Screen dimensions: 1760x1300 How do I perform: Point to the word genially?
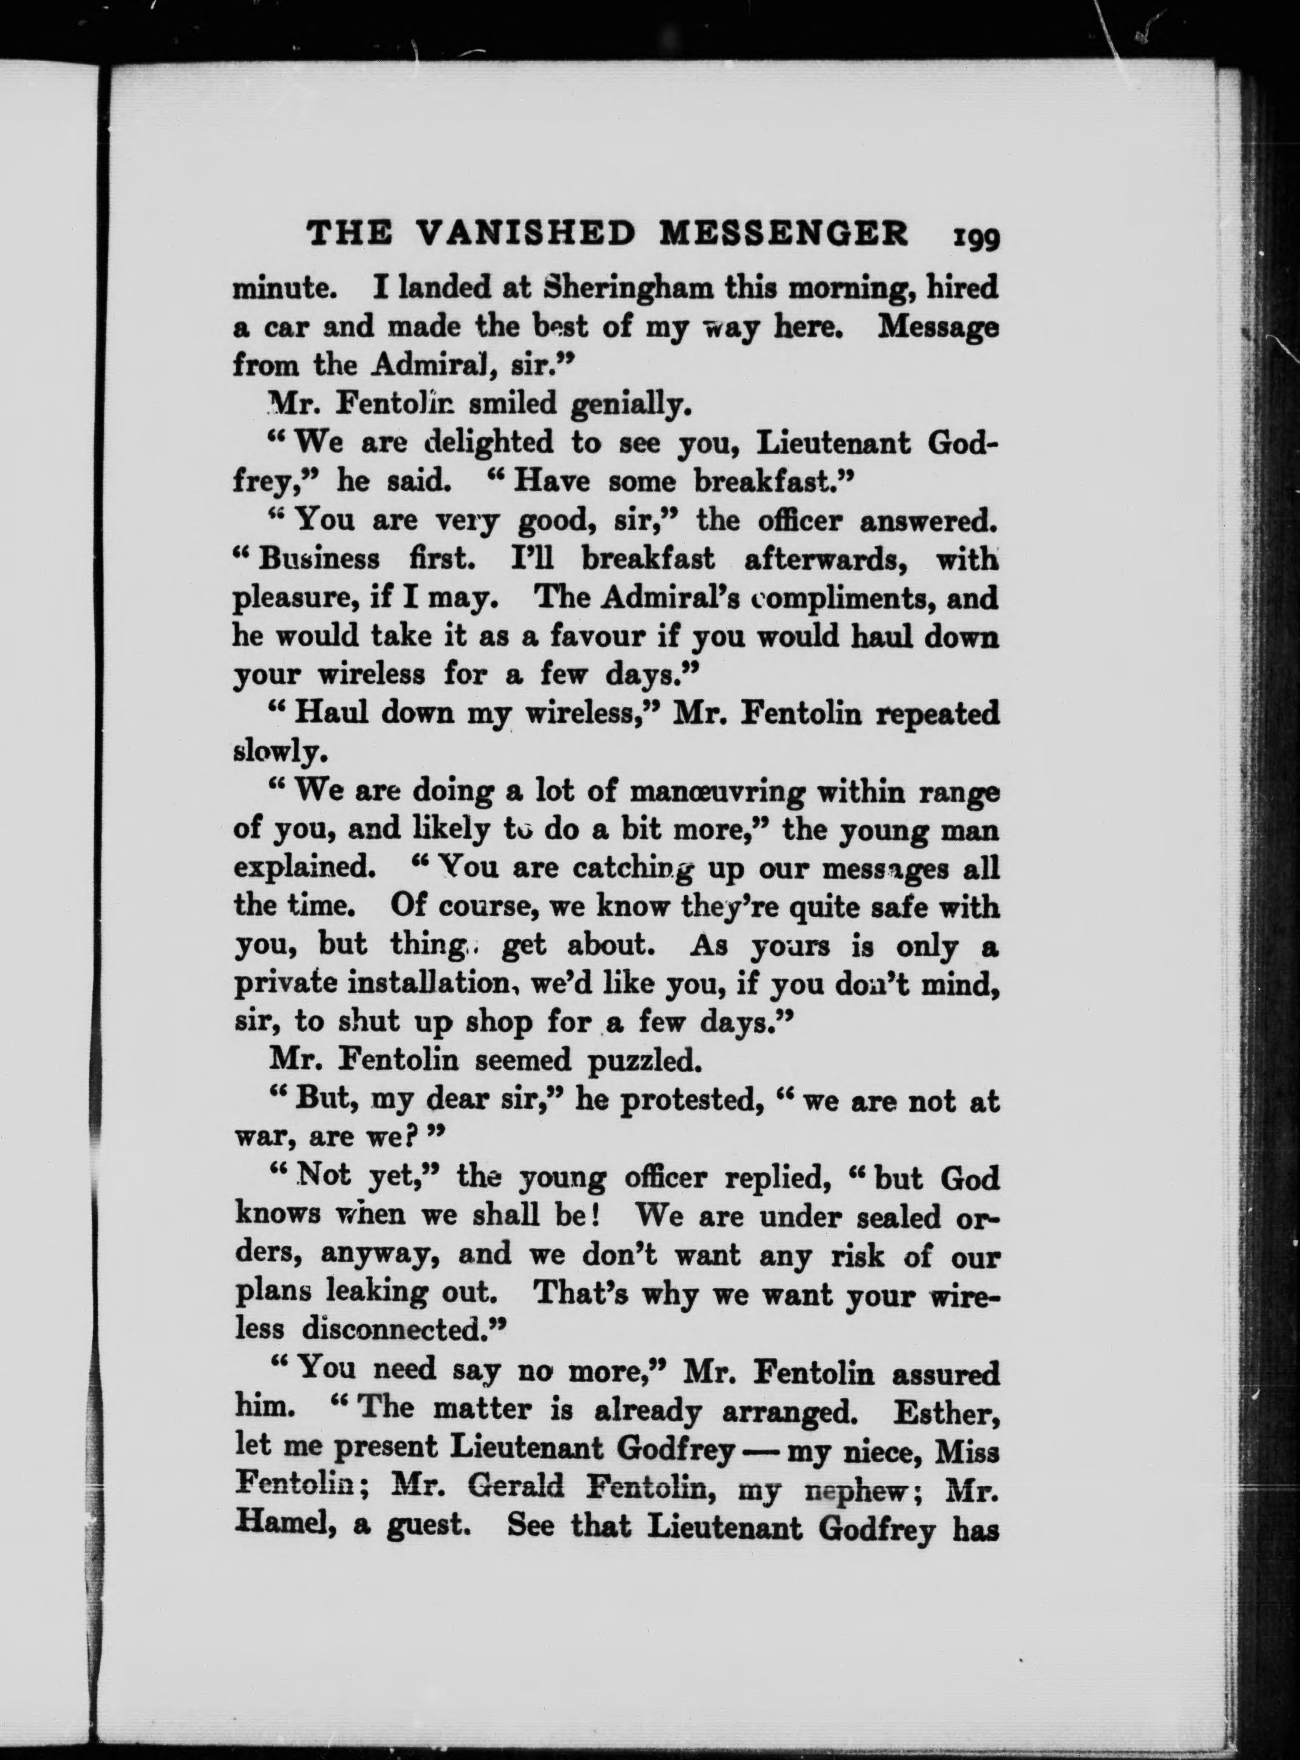coord(630,405)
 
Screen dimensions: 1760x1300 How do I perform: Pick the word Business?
coord(321,559)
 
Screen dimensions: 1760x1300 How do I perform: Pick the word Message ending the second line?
coord(937,326)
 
